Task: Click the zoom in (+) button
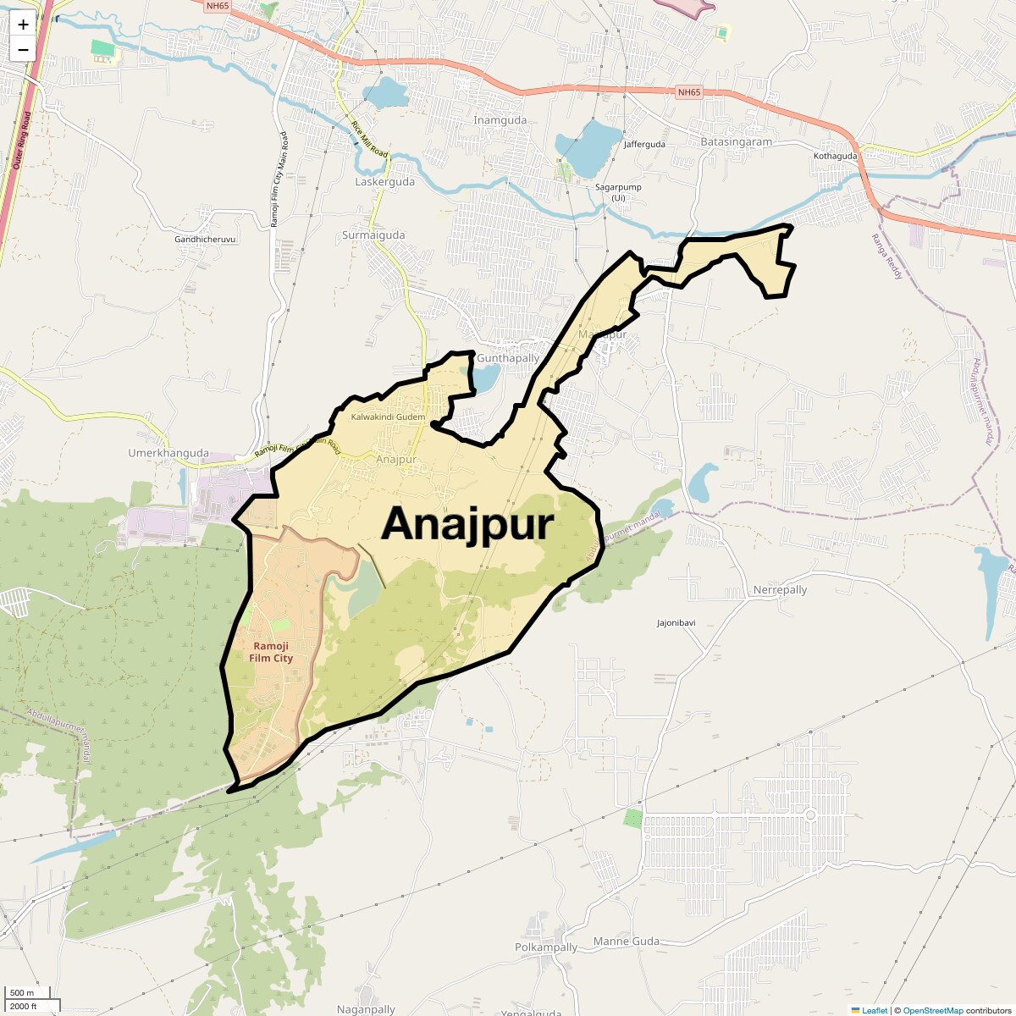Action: click(23, 25)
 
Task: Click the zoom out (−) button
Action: click(23, 49)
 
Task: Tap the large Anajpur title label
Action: click(467, 524)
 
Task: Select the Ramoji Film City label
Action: click(272, 652)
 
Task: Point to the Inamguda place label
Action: click(500, 120)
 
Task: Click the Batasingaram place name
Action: click(736, 142)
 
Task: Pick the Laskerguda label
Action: click(384, 182)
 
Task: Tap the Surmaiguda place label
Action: click(373, 235)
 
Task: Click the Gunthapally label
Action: click(508, 358)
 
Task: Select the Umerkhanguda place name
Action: click(168, 453)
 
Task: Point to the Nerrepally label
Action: click(780, 590)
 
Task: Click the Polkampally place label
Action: click(546, 947)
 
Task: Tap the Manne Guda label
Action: click(626, 941)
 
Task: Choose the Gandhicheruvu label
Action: click(205, 240)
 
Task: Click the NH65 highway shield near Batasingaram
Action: click(689, 92)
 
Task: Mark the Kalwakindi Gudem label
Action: click(388, 417)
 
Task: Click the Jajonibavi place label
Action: click(676, 623)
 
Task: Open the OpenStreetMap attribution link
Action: click(932, 1010)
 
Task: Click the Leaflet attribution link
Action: click(874, 1010)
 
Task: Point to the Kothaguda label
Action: click(835, 156)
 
